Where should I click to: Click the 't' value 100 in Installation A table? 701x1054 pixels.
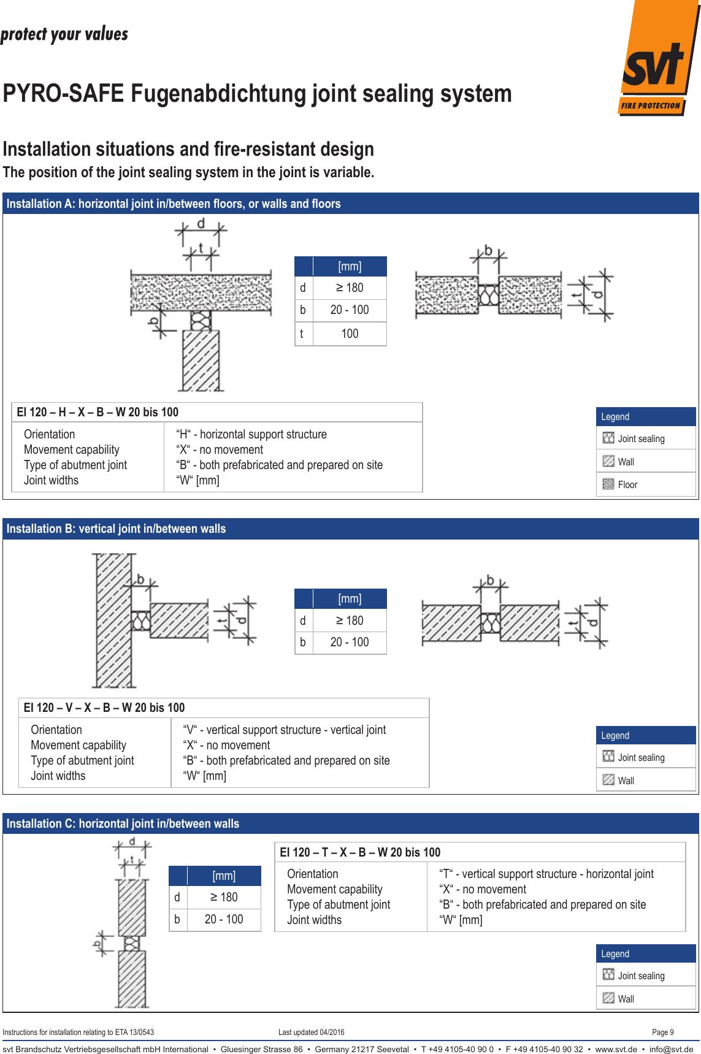point(350,334)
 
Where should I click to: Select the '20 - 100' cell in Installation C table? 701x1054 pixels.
point(224,919)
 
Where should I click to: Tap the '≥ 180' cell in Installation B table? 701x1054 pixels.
point(350,621)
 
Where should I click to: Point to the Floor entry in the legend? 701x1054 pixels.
point(627,484)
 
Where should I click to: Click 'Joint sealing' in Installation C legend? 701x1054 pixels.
point(641,976)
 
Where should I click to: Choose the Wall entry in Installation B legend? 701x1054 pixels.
point(626,781)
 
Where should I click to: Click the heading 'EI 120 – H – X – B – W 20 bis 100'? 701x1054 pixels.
point(98,412)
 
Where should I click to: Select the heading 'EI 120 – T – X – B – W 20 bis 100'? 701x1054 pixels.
point(360,852)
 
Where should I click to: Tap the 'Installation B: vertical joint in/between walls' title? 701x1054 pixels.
point(116,529)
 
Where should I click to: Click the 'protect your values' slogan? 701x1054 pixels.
point(64,34)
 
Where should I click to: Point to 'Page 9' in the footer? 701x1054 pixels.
point(662,1032)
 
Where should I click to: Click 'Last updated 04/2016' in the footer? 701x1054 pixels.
point(311,1032)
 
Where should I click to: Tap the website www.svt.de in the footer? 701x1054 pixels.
point(616,1049)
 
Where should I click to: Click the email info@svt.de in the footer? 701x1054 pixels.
point(671,1049)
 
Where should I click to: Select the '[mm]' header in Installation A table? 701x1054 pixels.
point(350,266)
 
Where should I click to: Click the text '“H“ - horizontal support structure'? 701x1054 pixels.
point(251,434)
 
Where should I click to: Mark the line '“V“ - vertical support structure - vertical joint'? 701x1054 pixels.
point(285,730)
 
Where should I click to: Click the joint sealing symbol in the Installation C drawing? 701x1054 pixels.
point(132,943)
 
